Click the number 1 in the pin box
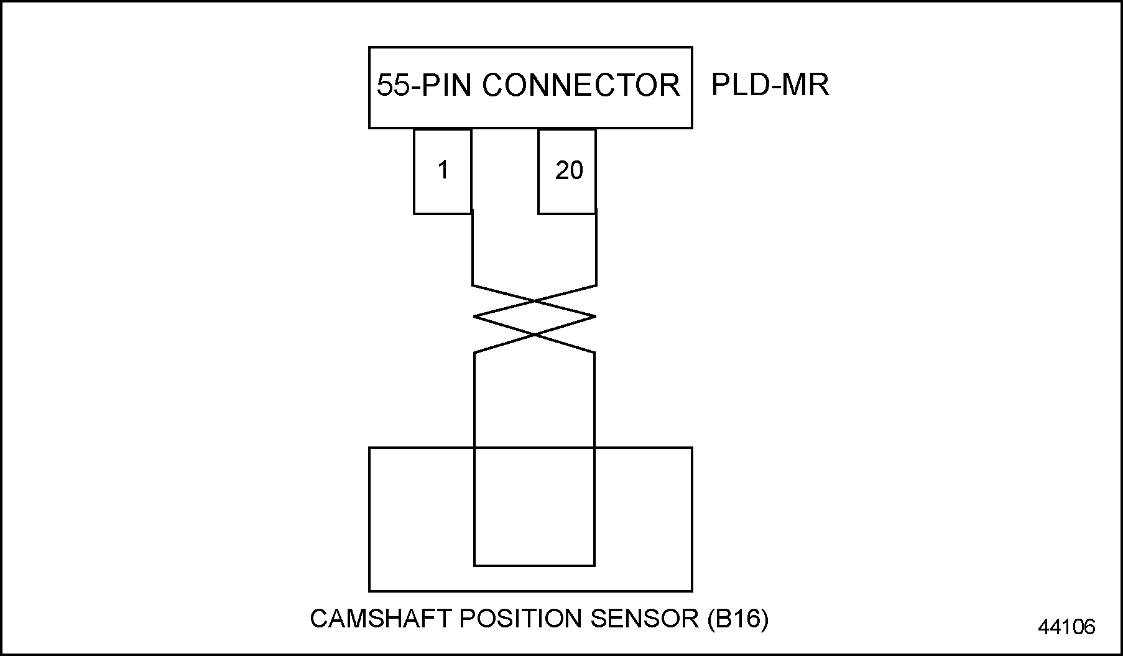(443, 170)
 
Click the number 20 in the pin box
(569, 170)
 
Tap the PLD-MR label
(770, 85)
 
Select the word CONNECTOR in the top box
(581, 85)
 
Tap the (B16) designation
(737, 619)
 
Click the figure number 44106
(1066, 627)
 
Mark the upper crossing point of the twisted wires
(535, 302)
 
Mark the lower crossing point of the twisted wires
(535, 335)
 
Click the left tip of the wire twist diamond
(474, 316)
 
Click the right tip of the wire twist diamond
(595, 316)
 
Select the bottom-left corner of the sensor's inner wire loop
(474, 565)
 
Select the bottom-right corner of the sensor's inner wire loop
(594, 565)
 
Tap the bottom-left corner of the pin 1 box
(415, 213)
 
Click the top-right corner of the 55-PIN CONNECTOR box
(691, 48)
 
